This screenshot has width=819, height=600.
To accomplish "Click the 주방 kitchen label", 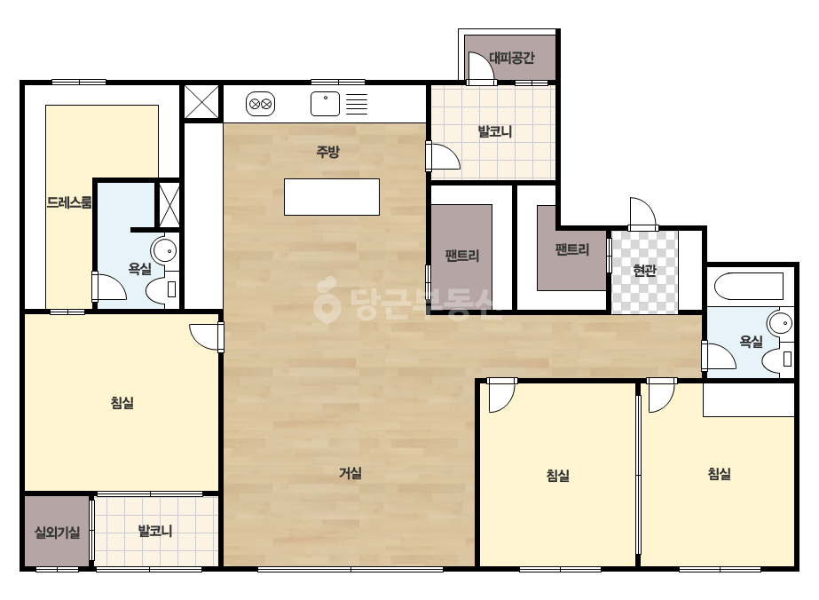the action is (x=327, y=152).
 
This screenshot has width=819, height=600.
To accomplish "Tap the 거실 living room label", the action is (x=350, y=473).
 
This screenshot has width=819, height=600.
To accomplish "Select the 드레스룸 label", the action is (x=69, y=202).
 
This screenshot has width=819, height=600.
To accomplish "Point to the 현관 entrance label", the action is (x=644, y=270).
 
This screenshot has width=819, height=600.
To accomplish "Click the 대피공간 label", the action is (x=512, y=58).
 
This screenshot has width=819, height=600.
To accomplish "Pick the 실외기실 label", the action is (x=57, y=533).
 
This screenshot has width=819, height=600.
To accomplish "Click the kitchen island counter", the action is (x=332, y=197).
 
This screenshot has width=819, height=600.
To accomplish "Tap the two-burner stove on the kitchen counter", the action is (x=260, y=104).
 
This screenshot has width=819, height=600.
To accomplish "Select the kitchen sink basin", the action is (x=325, y=104).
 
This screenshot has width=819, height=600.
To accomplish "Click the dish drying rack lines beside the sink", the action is (x=357, y=104).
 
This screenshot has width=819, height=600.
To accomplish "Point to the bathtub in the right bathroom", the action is (x=749, y=286).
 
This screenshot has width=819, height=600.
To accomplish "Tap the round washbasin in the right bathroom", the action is (x=782, y=323).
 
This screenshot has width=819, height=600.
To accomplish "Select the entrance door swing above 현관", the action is (x=643, y=214).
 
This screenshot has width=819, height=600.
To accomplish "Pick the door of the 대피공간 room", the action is (x=481, y=68).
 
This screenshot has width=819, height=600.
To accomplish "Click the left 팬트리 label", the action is (x=461, y=256).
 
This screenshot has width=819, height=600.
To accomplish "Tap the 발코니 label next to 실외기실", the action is (x=155, y=532).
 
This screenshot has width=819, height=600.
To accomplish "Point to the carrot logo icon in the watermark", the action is (x=327, y=299).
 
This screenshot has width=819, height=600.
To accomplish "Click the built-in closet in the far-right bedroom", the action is (x=749, y=399).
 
